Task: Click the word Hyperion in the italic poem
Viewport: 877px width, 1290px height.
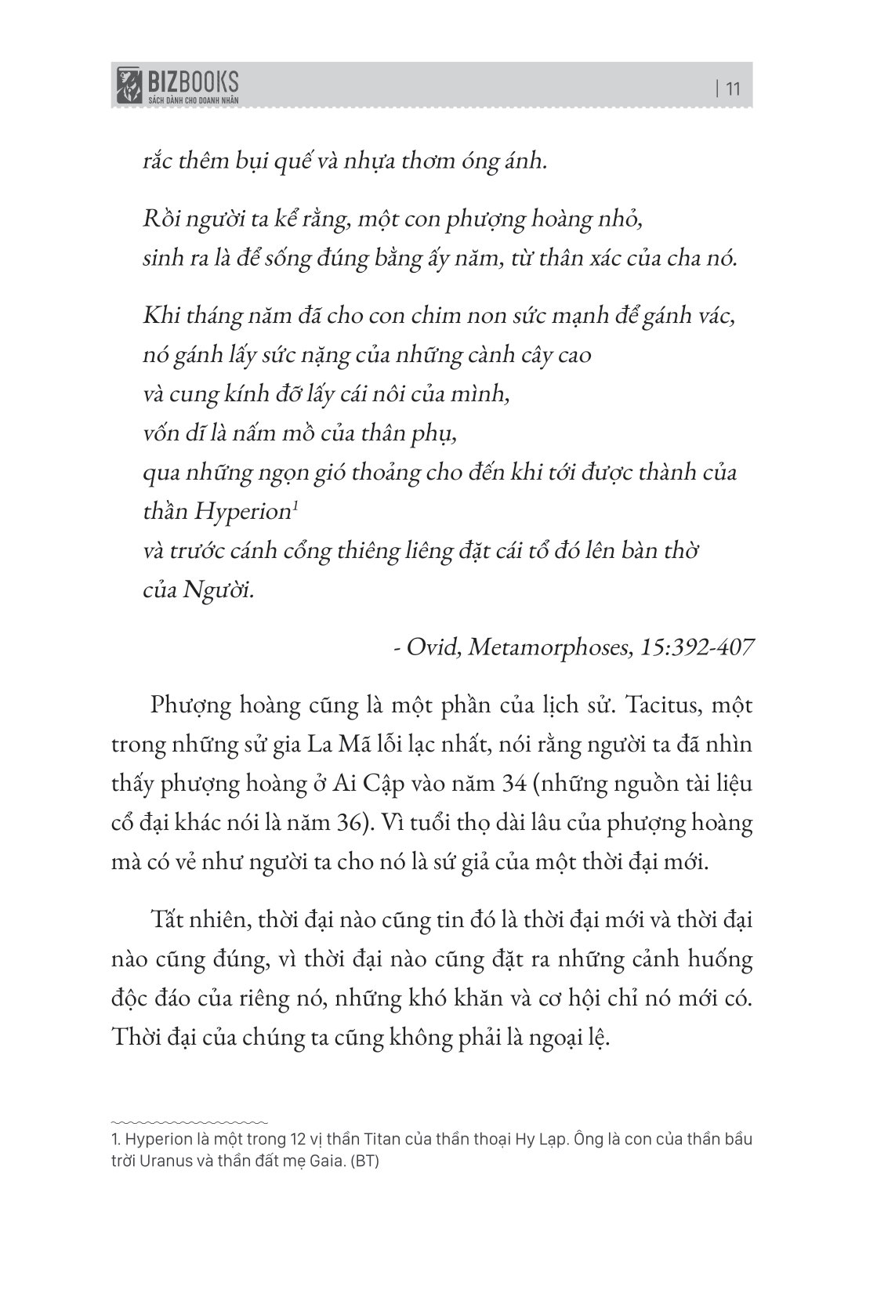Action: (x=242, y=512)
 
